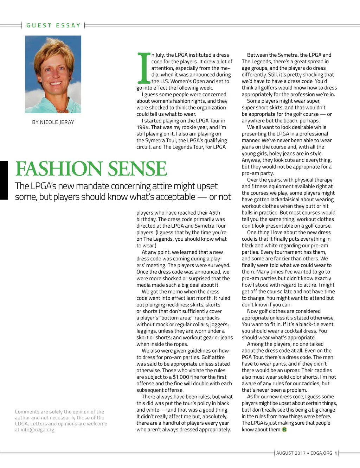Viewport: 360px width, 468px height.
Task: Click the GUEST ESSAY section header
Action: click(53, 25)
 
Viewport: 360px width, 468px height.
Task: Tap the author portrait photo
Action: click(53, 74)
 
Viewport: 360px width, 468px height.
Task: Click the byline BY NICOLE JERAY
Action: click(53, 122)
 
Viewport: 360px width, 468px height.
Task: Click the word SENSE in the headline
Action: click(137, 169)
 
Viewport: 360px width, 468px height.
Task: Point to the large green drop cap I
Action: click(143, 68)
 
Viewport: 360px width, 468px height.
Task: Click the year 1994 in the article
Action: click(143, 127)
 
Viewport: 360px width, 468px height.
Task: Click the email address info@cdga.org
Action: click(38, 430)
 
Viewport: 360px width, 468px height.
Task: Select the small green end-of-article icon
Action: click(284, 430)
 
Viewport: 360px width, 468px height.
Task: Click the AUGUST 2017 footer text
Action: click(291, 453)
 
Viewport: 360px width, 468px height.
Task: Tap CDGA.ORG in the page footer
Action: click(321, 453)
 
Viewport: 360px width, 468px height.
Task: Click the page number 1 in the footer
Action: click(336, 453)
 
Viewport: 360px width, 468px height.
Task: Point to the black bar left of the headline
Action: click(4, 180)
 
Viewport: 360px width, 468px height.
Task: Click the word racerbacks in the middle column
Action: click(207, 318)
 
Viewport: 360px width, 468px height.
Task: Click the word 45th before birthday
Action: click(214, 213)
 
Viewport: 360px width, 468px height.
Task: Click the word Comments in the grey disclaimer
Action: click(27, 412)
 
